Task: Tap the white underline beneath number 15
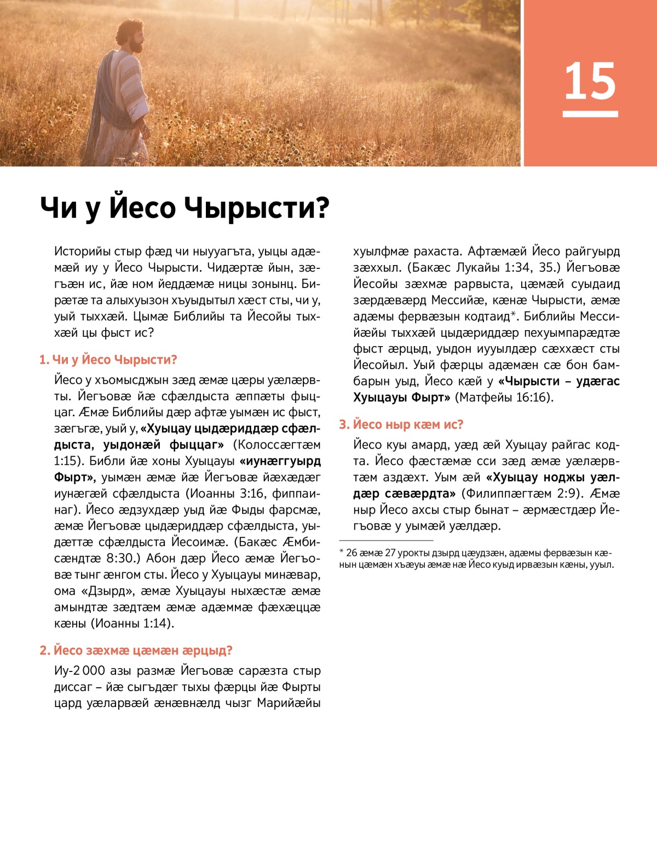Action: click(x=590, y=114)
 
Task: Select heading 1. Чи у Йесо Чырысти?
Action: click(x=108, y=360)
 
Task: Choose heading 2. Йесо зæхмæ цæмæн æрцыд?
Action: click(x=136, y=650)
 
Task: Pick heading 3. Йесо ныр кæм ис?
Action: click(x=401, y=424)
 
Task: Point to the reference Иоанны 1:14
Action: click(x=131, y=623)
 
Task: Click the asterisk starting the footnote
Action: click(x=342, y=552)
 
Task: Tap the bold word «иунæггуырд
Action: click(x=280, y=461)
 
